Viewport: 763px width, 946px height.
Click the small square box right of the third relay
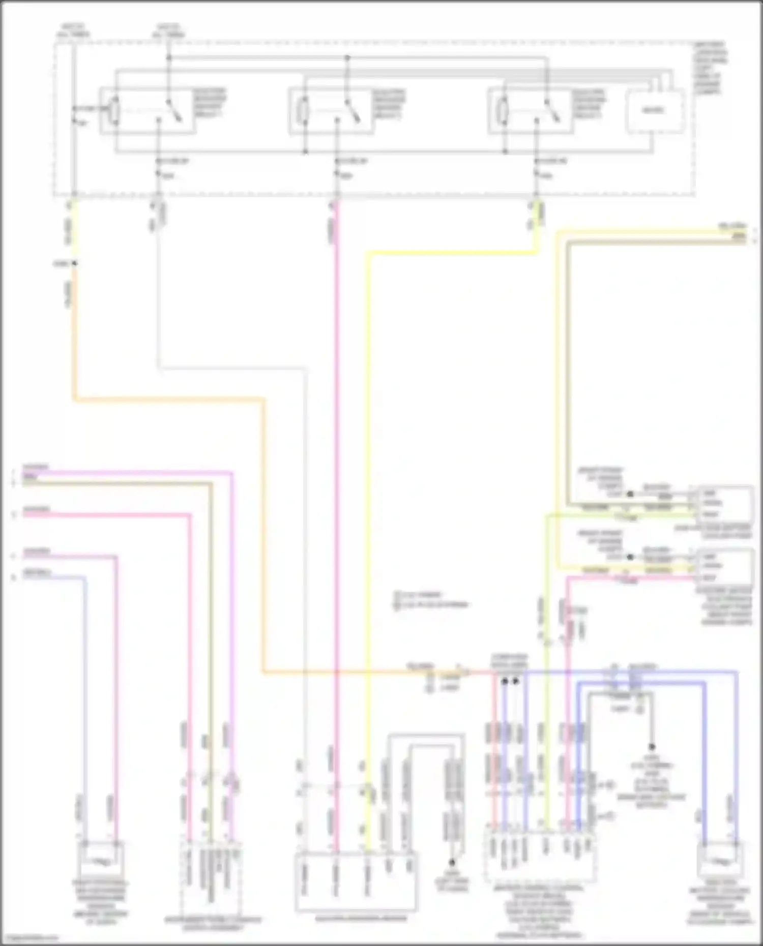pos(654,111)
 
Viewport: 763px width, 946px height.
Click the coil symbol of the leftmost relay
pos(115,110)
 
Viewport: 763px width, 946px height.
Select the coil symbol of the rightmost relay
pos(504,110)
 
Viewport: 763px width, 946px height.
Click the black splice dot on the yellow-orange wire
pos(74,263)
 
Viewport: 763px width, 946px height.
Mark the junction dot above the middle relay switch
pos(348,57)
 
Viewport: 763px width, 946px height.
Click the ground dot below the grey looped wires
pos(451,862)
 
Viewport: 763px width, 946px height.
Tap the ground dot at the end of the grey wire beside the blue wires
pos(652,747)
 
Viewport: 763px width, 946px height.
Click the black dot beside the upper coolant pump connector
pos(630,494)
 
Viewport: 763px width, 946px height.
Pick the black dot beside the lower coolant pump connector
pos(630,557)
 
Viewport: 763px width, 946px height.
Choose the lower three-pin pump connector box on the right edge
pos(724,566)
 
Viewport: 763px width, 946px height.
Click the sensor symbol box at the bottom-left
pos(101,860)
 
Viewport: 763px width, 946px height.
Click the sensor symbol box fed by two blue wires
pos(720,860)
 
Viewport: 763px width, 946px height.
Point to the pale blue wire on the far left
pos(85,712)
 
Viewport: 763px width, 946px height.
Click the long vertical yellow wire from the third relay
pos(368,508)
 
